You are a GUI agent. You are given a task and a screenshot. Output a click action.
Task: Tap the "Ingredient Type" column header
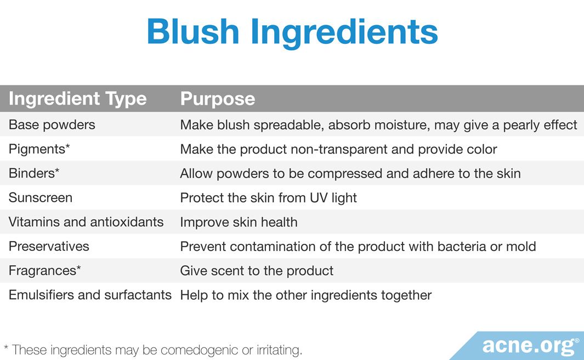point(77,99)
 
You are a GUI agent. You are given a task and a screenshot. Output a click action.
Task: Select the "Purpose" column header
point(218,99)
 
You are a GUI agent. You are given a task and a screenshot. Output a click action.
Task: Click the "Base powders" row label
point(52,125)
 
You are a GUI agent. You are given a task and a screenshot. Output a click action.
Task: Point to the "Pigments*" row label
point(39,149)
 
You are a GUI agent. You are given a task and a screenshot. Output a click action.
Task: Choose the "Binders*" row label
point(34,174)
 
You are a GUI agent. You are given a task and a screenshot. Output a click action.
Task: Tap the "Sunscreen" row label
point(40,198)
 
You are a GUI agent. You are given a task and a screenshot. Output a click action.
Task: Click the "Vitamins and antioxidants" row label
point(86,222)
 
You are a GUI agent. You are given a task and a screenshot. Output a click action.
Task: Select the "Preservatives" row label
point(49,246)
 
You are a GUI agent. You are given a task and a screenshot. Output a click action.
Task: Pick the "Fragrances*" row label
point(45,271)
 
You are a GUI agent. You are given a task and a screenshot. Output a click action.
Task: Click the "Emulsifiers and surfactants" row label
point(90,295)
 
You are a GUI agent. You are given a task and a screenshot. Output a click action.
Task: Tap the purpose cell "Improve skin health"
point(239,222)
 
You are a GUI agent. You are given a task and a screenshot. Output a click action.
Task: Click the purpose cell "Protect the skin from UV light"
point(268,198)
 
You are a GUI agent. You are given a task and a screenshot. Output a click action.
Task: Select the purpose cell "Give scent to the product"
point(257,271)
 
